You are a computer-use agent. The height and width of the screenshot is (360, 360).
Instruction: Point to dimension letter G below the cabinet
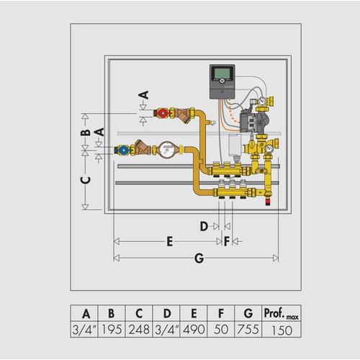pyautogui.click(x=199, y=258)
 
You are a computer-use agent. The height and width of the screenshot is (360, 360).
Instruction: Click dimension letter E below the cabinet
pyautogui.click(x=170, y=241)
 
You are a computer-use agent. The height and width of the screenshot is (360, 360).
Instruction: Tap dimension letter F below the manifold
pyautogui.click(x=227, y=241)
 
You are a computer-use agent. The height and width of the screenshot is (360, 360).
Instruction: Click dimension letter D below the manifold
pyautogui.click(x=204, y=226)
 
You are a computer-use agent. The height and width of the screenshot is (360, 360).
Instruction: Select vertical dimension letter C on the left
pyautogui.click(x=86, y=180)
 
